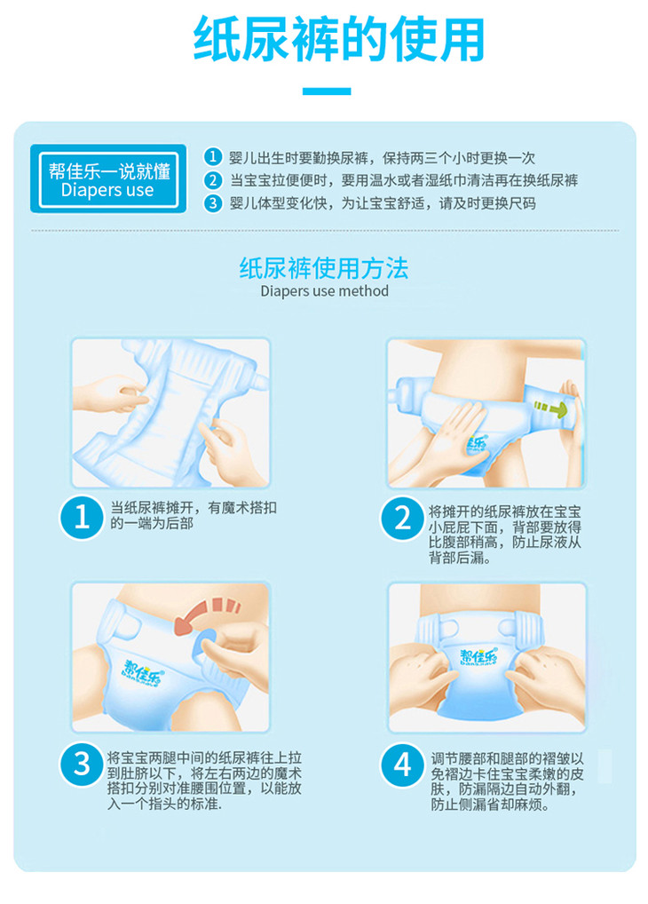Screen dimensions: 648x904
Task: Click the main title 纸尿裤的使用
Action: click(x=338, y=39)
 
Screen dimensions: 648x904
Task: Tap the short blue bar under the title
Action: click(x=327, y=91)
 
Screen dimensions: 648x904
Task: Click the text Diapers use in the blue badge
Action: click(x=107, y=190)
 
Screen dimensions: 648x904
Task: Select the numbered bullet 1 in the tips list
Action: click(x=213, y=157)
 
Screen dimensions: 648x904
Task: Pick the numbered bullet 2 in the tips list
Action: click(x=213, y=180)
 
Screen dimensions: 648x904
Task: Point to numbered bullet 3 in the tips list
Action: click(x=213, y=203)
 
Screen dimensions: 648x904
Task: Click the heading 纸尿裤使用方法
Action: click(x=324, y=268)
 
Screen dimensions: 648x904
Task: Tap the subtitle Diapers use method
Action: click(x=324, y=291)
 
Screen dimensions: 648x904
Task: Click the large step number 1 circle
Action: click(x=82, y=517)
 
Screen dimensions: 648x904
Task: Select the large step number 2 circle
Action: click(x=402, y=519)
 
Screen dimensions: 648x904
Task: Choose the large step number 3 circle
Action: click(x=82, y=764)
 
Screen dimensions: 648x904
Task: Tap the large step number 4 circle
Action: click(x=402, y=765)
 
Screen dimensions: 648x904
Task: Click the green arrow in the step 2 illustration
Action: click(x=550, y=408)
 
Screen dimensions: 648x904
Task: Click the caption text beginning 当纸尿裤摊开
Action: click(x=194, y=515)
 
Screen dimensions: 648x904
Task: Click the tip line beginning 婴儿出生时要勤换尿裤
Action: click(x=383, y=157)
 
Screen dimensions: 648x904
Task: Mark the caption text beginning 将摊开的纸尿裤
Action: click(x=504, y=535)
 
